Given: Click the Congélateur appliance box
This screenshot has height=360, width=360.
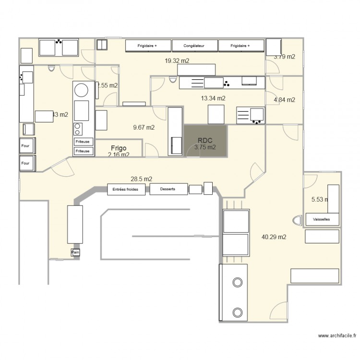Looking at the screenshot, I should tap(194, 46).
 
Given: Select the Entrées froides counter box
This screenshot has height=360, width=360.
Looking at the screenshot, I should tap(126, 189).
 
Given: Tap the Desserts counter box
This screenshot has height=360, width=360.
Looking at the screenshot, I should tap(168, 189).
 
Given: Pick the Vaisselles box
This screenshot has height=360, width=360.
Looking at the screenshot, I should tap(322, 219).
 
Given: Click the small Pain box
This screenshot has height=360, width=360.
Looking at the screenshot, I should tap(75, 252).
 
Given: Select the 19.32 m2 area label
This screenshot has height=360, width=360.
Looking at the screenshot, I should tap(177, 61).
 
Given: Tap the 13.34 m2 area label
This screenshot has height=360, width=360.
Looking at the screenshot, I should tap(213, 98).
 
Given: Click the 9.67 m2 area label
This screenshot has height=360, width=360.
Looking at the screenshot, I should tap(144, 127).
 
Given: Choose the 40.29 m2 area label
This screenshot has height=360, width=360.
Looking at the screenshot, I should tap(274, 237).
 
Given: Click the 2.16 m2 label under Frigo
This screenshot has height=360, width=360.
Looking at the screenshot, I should tap(118, 155).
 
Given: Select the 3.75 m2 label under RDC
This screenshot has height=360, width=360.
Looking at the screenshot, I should tap(204, 148).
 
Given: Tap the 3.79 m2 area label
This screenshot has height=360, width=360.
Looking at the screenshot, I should tap(284, 57).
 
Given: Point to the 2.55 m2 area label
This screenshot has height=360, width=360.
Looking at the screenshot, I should tap(108, 85).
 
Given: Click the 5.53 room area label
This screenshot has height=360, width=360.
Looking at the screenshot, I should tap(320, 199).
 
